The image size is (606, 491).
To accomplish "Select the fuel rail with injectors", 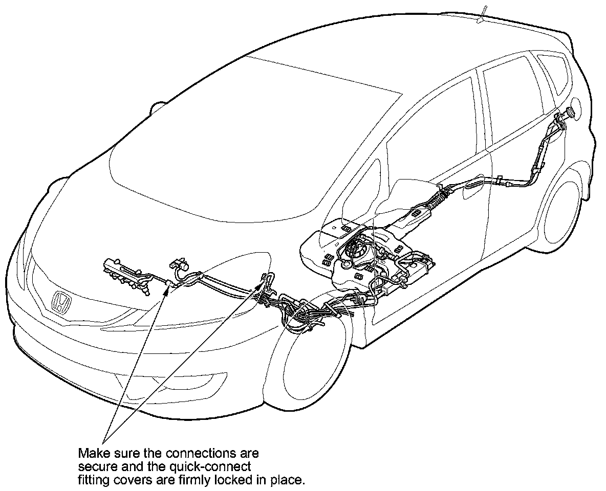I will [x=126, y=276].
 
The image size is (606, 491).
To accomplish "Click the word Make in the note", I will [x=93, y=453].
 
